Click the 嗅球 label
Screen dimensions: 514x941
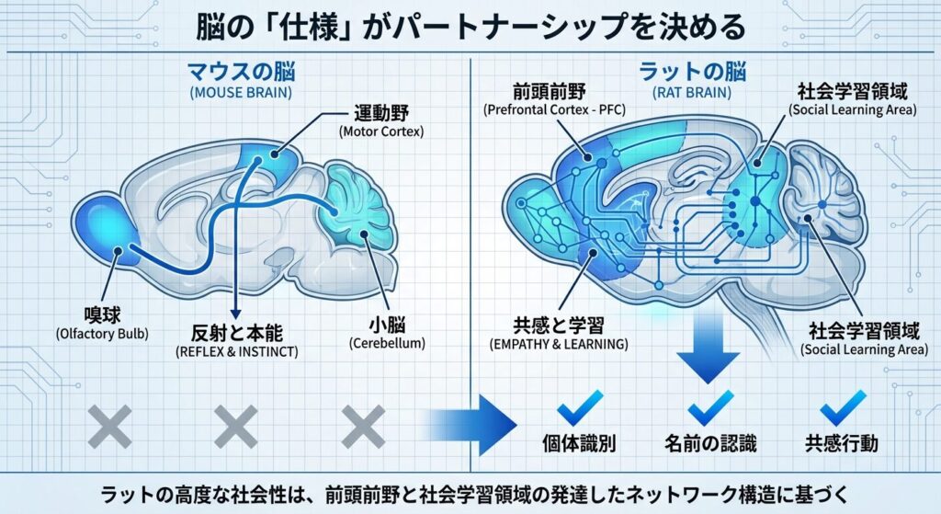(80, 312)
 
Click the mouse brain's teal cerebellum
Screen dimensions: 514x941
(357, 211)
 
